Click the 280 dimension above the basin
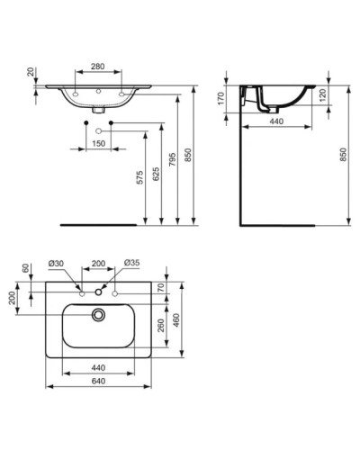pos(97,67)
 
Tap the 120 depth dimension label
pos(323,94)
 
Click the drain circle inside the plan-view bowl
pos(97,315)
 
